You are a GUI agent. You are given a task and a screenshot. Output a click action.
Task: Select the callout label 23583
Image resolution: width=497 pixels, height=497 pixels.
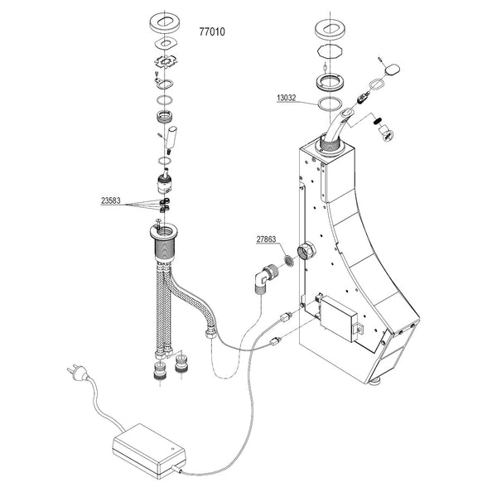point(115,200)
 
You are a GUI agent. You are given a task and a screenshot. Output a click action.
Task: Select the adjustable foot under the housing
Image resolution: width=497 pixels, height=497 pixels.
point(376,380)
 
